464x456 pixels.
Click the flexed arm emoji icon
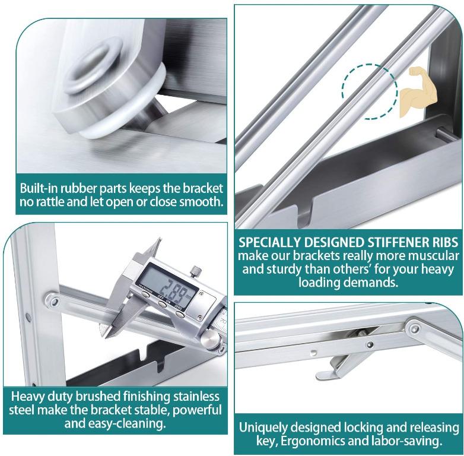click(x=418, y=92)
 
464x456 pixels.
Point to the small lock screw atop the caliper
click(x=196, y=271)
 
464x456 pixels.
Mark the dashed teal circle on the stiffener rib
click(x=369, y=91)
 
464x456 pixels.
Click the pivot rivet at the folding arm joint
click(x=415, y=328)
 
